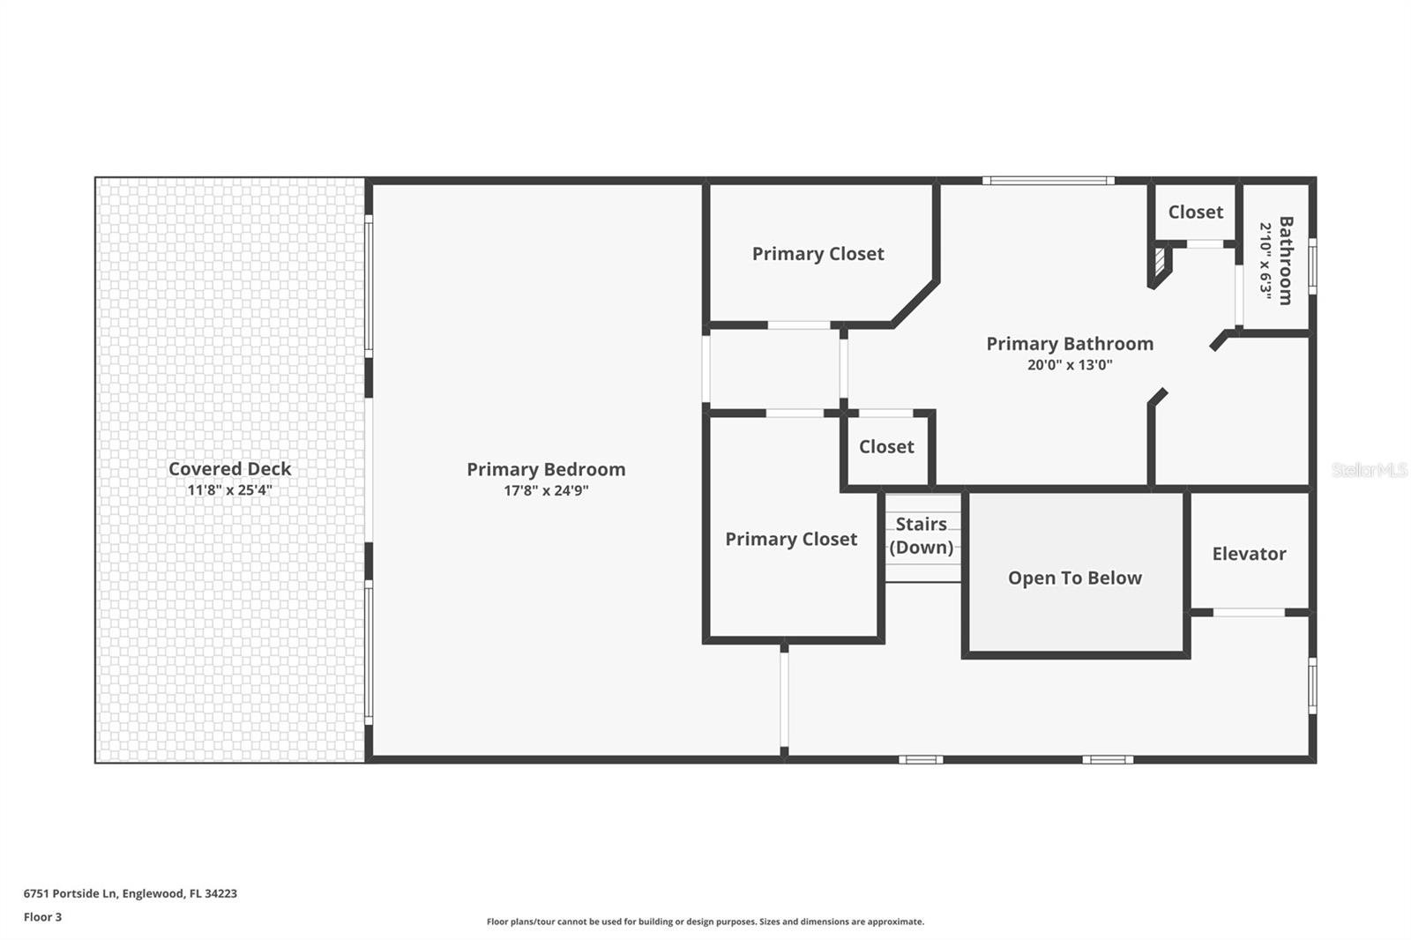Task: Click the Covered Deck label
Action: (x=229, y=469)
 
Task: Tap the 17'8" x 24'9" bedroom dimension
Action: (x=546, y=491)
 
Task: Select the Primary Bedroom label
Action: (x=546, y=469)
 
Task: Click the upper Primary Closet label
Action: (x=817, y=254)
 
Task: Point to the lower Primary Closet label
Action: (x=791, y=539)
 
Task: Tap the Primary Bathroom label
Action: (x=1069, y=344)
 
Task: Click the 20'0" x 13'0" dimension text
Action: (x=1069, y=365)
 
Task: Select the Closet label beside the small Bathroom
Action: (x=1195, y=212)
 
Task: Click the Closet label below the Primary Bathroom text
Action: (x=886, y=447)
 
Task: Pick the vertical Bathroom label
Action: (x=1286, y=260)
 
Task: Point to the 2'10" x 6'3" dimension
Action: (x=1265, y=260)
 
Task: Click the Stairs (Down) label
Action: (x=922, y=535)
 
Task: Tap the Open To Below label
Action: (x=1074, y=578)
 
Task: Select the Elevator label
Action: (x=1249, y=554)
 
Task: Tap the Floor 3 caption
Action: (x=42, y=917)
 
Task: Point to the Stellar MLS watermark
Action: (x=1369, y=470)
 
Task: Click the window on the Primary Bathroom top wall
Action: (x=1048, y=181)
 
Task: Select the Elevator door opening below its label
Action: (x=1248, y=612)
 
